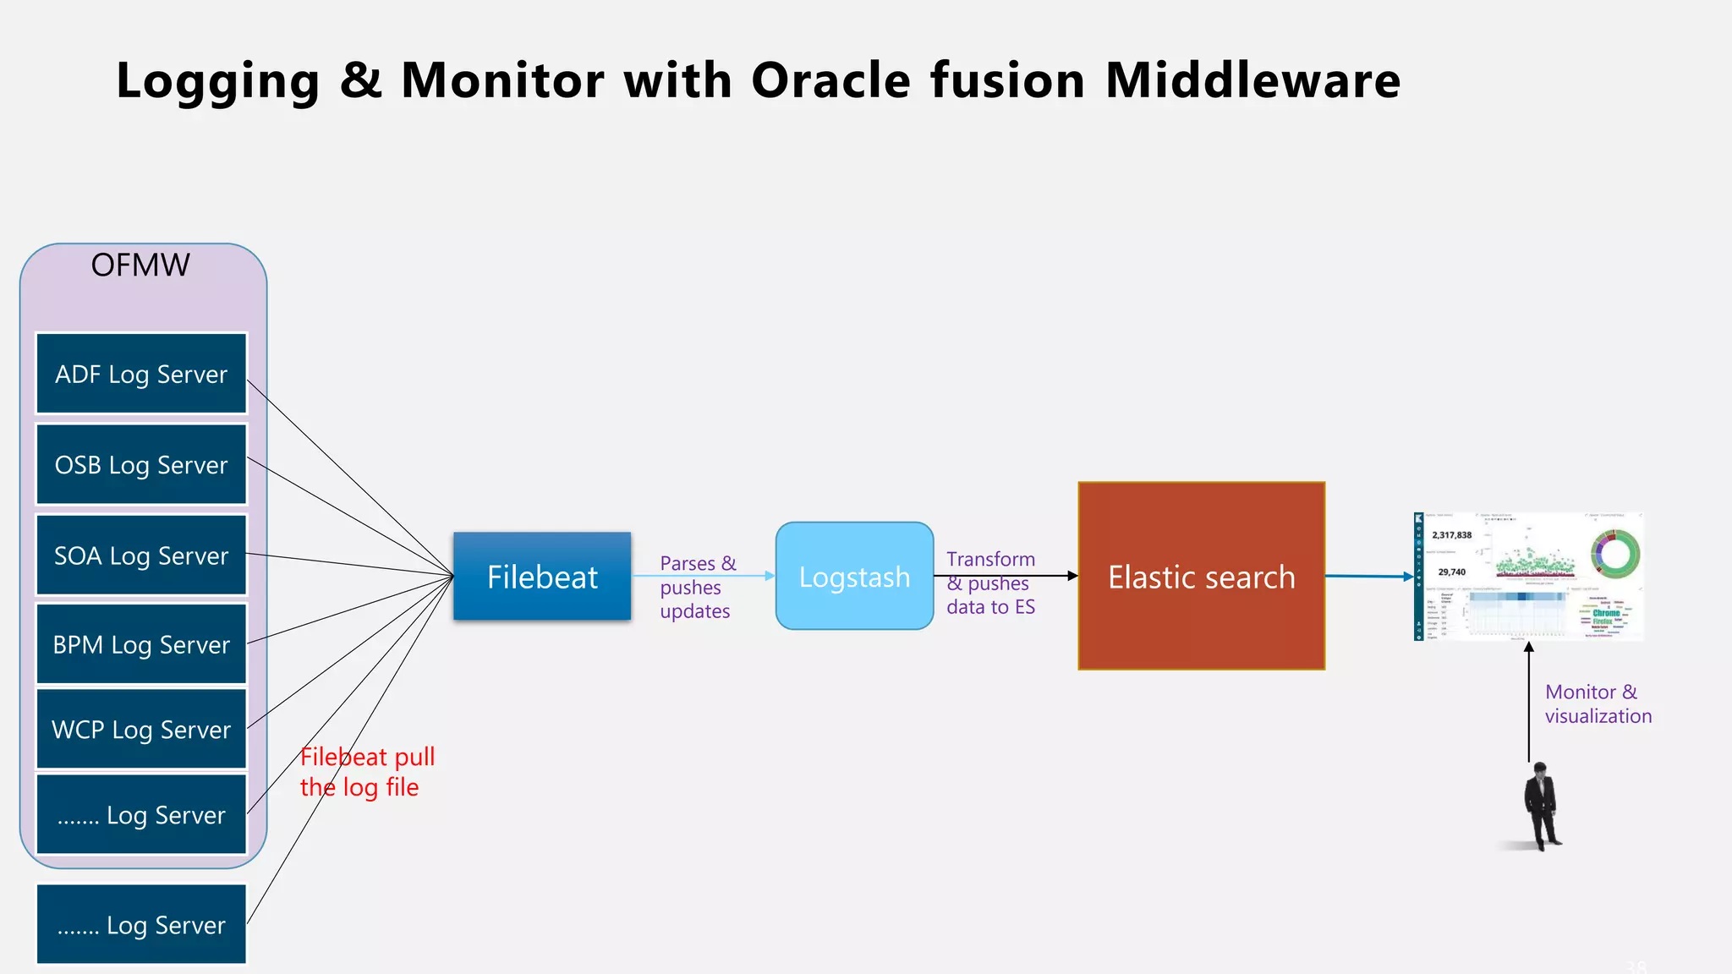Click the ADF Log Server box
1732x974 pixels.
coord(141,374)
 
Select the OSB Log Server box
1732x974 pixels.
coord(141,465)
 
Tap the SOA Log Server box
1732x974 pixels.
coord(141,555)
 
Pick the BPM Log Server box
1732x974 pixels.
coord(141,644)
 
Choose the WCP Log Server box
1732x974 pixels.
coord(141,729)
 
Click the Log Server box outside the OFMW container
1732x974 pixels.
coord(141,924)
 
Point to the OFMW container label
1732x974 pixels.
coord(140,265)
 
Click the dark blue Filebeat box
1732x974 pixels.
coord(542,577)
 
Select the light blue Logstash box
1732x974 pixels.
coord(854,577)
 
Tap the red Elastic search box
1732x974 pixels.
coord(1201,577)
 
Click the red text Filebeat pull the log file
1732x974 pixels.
coord(367,771)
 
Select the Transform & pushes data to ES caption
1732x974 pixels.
coord(990,583)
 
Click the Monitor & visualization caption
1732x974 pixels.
coord(1597,703)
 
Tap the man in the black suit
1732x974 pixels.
coord(1542,806)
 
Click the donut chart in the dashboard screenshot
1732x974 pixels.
coord(1614,555)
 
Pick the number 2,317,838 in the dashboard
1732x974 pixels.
coord(1451,535)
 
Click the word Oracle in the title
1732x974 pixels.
coord(831,80)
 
